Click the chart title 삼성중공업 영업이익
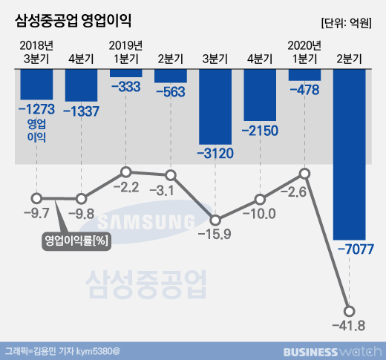click(73, 22)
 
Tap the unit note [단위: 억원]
click(347, 23)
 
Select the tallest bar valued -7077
click(349, 154)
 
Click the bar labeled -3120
click(215, 107)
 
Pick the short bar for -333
click(126, 73)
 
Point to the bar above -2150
click(260, 95)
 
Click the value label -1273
click(36, 109)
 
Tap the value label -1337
click(81, 111)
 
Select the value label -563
click(171, 92)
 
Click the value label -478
click(304, 90)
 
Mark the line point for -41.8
click(349, 311)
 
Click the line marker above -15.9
click(215, 220)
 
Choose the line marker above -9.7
click(36, 198)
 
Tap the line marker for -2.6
click(304, 174)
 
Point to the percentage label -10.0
click(259, 214)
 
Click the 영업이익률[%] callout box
click(76, 240)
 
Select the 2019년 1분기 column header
click(126, 52)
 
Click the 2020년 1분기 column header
click(304, 52)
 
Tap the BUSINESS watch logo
click(333, 352)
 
